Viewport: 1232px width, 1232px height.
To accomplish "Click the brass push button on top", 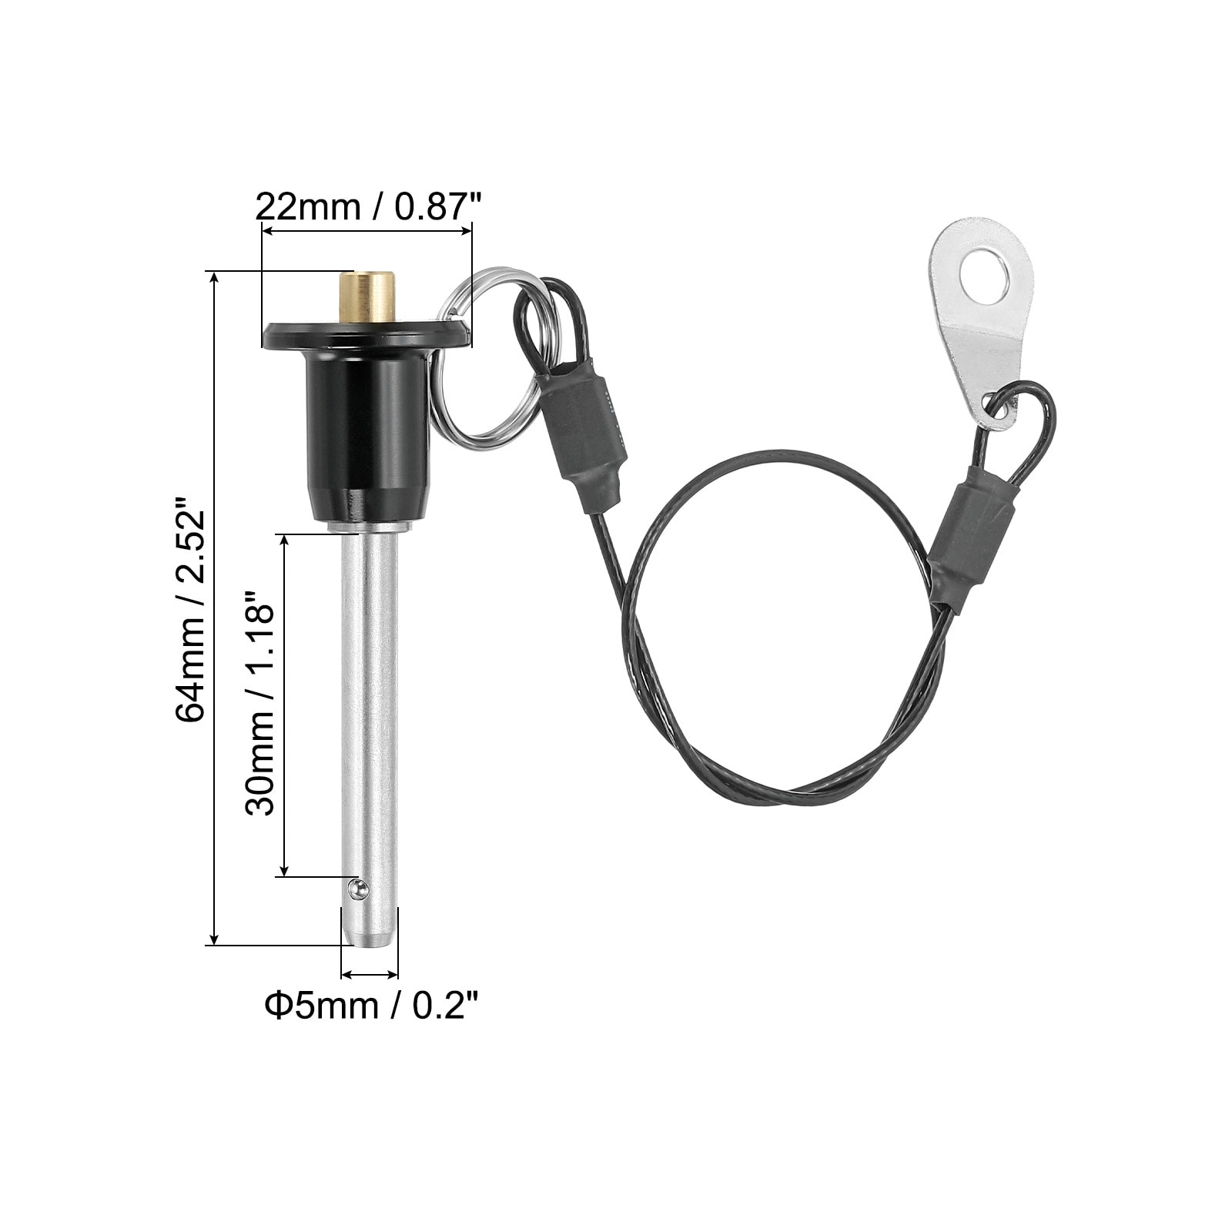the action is click(x=367, y=298).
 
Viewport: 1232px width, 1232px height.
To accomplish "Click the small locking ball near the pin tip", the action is click(x=355, y=890).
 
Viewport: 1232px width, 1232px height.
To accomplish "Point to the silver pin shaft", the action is click(x=370, y=716).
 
